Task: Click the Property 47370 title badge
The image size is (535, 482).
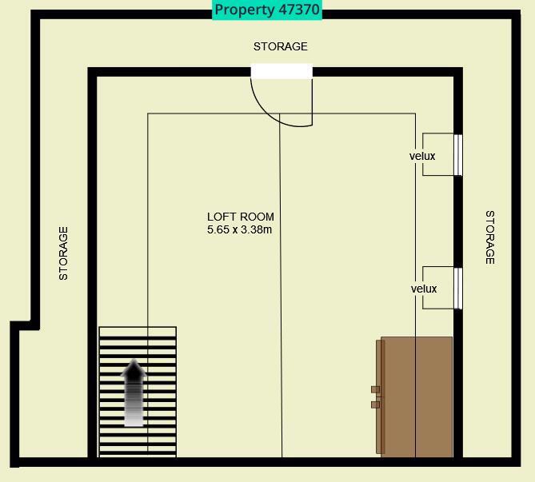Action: click(267, 10)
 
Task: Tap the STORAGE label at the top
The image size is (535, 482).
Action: click(280, 46)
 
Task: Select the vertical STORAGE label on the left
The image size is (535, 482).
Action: click(64, 253)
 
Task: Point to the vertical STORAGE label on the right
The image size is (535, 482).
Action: click(490, 237)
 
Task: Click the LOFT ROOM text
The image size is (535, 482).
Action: click(240, 217)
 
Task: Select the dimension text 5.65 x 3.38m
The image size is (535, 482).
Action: click(240, 230)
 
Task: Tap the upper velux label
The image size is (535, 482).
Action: click(422, 156)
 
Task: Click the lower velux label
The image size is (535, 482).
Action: click(424, 289)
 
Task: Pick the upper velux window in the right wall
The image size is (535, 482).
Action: click(458, 155)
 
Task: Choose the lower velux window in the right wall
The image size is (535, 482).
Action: click(458, 289)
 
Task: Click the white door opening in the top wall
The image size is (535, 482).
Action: click(281, 72)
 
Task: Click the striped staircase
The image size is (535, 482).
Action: click(138, 392)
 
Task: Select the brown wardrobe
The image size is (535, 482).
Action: click(416, 396)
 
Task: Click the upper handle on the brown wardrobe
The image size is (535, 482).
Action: click(375, 389)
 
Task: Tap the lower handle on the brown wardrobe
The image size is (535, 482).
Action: click(375, 404)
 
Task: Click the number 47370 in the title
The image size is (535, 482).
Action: click(296, 10)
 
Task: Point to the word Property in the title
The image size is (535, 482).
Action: click(242, 10)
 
